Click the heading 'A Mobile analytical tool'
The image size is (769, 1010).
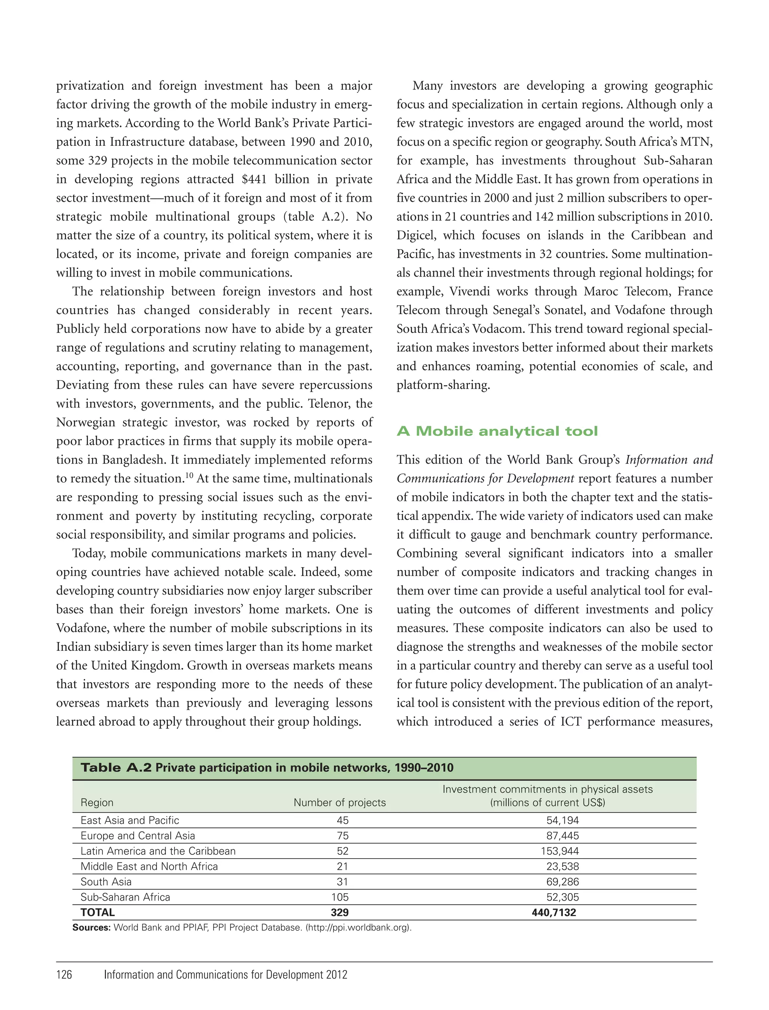(497, 431)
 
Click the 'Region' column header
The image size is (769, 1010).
(97, 803)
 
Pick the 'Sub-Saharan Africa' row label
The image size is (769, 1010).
(125, 897)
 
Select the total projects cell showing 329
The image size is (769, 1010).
(340, 912)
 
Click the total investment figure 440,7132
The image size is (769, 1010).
(553, 912)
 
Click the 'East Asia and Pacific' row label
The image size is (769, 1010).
(130, 820)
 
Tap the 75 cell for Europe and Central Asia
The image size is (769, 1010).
(342, 836)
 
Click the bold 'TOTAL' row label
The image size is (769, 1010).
(98, 912)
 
